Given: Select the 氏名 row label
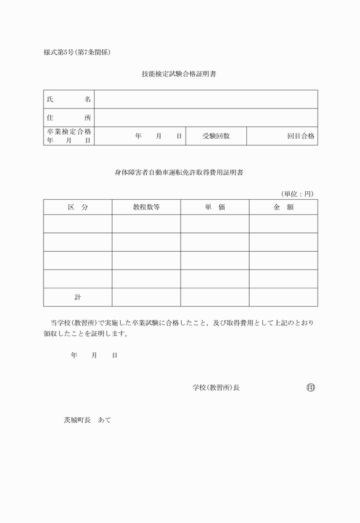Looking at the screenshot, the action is pyautogui.click(x=69, y=99).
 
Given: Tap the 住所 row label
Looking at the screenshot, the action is pyautogui.click(x=69, y=117).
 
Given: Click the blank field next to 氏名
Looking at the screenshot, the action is pyautogui.click(x=206, y=99).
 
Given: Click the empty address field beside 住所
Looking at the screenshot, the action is pyautogui.click(x=206, y=117).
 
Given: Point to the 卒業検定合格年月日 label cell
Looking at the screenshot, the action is pyautogui.click(x=69, y=136).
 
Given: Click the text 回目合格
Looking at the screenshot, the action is pyautogui.click(x=301, y=136).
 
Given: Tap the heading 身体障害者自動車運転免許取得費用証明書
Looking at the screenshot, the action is pyautogui.click(x=179, y=172).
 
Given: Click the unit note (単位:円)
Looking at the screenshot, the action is pyautogui.click(x=297, y=194).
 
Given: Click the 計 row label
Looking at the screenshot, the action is pyautogui.click(x=78, y=297).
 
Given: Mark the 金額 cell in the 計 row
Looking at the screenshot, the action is pyautogui.click(x=283, y=297).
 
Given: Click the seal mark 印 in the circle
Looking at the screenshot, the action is pyautogui.click(x=311, y=388).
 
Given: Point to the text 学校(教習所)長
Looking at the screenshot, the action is pyautogui.click(x=216, y=388).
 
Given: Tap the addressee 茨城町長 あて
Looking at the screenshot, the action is pyautogui.click(x=87, y=420).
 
